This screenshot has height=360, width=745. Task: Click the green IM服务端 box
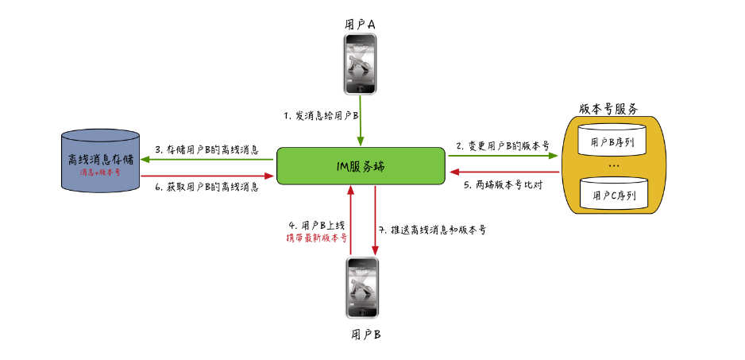click(x=360, y=165)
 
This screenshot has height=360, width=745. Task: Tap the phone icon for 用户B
click(x=360, y=286)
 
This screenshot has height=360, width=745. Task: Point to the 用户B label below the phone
click(x=365, y=333)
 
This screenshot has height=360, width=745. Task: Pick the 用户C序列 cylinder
click(x=612, y=193)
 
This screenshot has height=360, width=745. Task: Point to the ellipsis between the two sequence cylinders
click(x=612, y=166)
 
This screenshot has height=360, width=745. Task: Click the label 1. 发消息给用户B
click(x=322, y=116)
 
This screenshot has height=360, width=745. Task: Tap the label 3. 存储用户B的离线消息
click(x=207, y=149)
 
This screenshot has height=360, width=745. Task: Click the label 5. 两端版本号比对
click(x=502, y=186)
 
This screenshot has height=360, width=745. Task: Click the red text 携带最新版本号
click(x=316, y=238)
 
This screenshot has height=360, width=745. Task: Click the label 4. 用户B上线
click(x=317, y=226)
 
